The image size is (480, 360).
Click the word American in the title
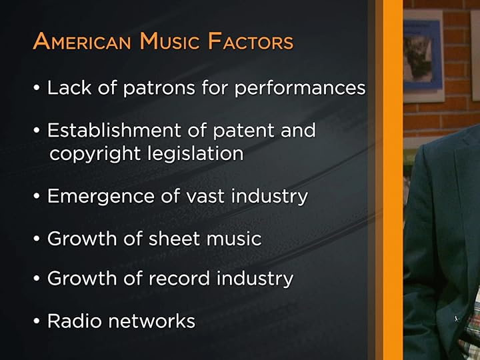pos(83,42)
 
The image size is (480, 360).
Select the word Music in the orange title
pos(170,42)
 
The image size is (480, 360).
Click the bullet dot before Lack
pos(37,89)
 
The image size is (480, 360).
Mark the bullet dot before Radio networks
pos(37,322)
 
